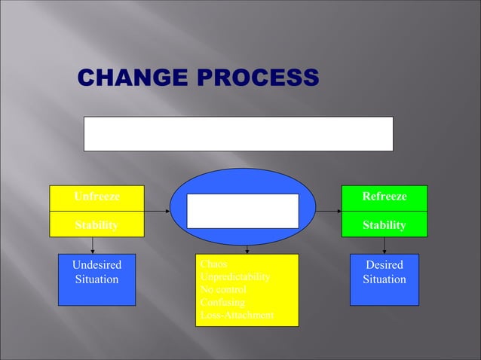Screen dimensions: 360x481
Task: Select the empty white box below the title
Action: click(237, 133)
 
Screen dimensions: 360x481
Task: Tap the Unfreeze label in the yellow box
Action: click(97, 197)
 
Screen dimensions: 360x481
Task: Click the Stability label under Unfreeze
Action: click(96, 224)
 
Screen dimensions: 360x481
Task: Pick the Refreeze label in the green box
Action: click(384, 197)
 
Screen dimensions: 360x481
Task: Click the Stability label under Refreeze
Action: click(384, 224)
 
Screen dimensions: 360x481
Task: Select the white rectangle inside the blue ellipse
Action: click(243, 211)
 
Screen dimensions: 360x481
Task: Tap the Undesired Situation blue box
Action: click(97, 279)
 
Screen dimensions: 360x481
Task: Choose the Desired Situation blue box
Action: click(384, 279)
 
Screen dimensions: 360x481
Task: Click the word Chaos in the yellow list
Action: click(213, 264)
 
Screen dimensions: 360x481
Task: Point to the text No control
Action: click(223, 289)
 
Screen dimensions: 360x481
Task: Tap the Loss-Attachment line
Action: click(236, 315)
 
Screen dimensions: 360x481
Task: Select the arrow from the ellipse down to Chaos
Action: click(247, 249)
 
